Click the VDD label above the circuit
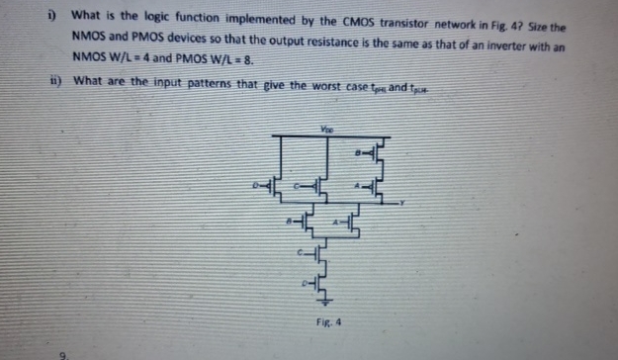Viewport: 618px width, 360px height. coord(326,128)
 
